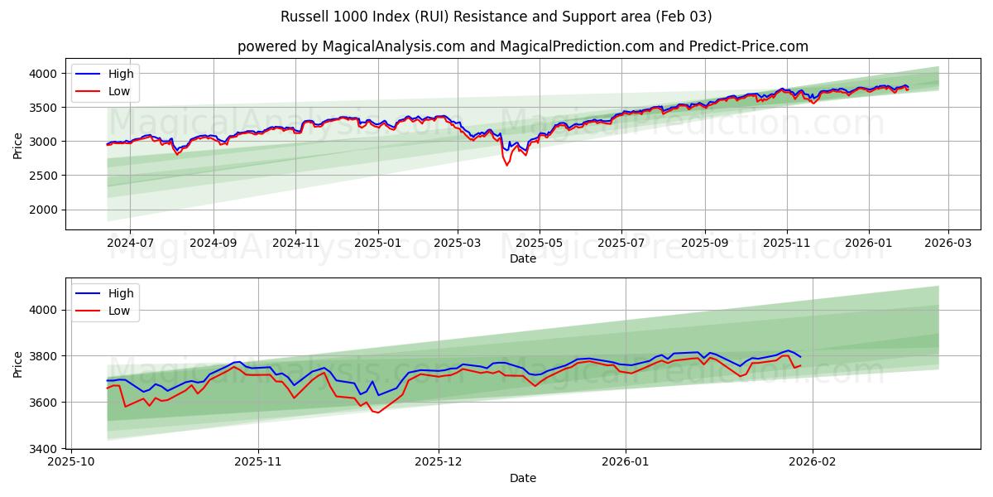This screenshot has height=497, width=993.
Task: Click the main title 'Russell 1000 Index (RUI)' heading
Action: point(496,17)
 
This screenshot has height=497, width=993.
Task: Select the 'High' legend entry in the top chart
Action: point(121,74)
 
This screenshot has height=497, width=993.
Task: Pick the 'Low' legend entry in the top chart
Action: point(119,91)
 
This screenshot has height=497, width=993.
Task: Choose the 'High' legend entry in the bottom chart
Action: point(121,293)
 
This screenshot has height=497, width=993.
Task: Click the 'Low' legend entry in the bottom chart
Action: point(119,311)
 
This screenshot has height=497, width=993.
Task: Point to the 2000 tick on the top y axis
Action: point(46,210)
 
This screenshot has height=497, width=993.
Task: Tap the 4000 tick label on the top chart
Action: point(46,74)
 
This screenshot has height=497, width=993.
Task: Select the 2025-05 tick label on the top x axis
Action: point(540,244)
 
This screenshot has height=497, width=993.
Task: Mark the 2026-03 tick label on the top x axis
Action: point(947,244)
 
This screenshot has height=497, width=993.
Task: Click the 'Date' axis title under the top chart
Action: point(522,258)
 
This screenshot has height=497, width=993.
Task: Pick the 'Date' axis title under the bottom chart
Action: point(522,478)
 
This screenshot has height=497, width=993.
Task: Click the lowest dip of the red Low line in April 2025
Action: point(506,165)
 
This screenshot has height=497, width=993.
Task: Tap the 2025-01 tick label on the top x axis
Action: point(378,244)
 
